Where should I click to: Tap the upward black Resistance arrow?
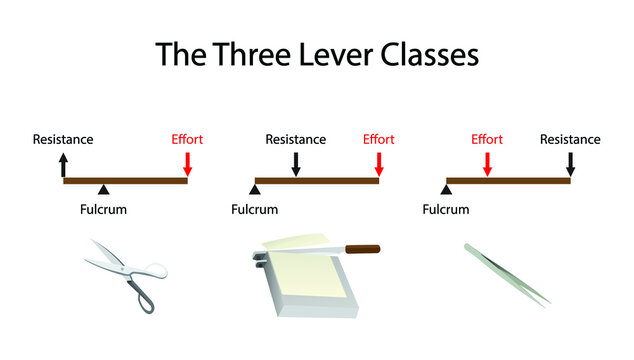coord(65,164)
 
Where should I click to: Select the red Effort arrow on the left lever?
coord(188,164)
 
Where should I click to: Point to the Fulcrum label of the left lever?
coord(103,209)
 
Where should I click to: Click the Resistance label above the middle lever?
coord(295,139)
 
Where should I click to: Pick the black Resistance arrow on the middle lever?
coord(295,164)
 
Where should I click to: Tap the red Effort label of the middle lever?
coord(378,139)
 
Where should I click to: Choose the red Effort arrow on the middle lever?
coord(379,164)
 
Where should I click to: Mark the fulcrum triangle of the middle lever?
coord(254,189)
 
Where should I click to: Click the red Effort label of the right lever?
coord(486,139)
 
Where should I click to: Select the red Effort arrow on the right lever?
coord(486,164)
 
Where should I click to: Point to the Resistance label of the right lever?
coord(570,139)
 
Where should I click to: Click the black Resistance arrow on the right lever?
coord(570,164)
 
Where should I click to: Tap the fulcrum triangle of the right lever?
coord(446,189)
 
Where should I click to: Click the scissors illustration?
coord(125,274)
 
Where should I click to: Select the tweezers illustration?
coord(506,273)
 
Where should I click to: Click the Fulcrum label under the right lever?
coord(446,209)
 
